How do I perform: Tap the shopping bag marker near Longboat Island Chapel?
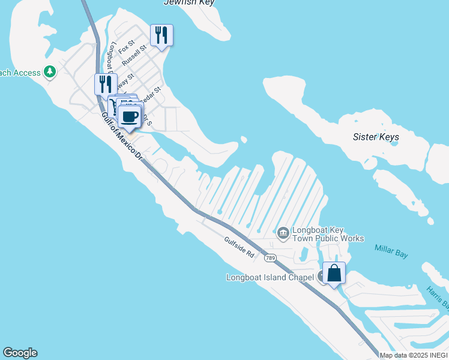tap(334, 274)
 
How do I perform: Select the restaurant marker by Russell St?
tap(161, 35)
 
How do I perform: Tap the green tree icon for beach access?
tap(49, 73)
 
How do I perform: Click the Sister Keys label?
tap(376, 137)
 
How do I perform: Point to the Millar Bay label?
tap(391, 251)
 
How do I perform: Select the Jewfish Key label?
tap(189, 3)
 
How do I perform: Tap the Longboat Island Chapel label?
tap(270, 277)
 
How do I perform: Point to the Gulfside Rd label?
tap(240, 247)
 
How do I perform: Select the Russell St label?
tap(134, 55)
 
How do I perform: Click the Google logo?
tap(20, 353)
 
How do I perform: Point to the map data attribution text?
tap(414, 355)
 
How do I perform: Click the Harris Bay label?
tap(438, 298)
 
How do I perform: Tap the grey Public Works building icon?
tap(283, 232)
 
